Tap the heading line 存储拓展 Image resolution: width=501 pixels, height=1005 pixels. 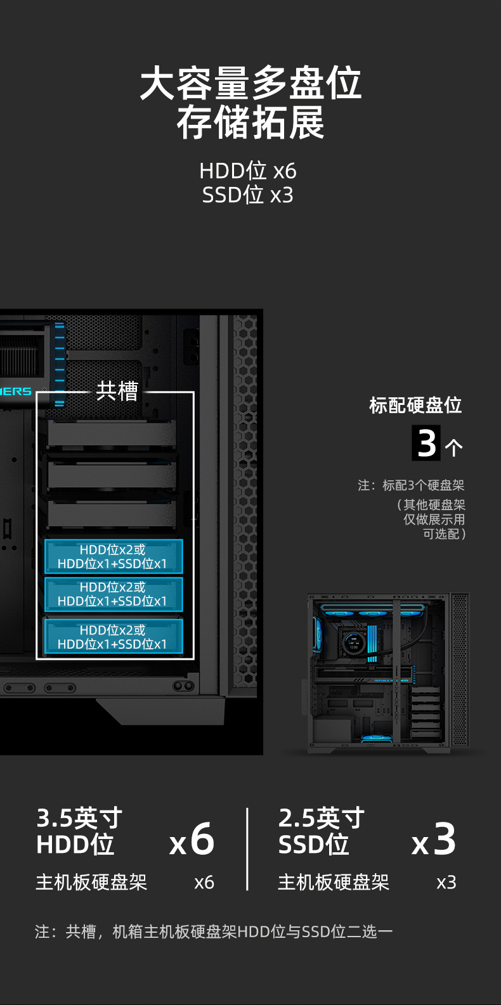pyautogui.click(x=251, y=122)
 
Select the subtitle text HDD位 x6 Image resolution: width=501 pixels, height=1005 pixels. pyautogui.click(x=248, y=171)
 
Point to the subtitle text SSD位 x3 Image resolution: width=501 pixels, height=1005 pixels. pyautogui.click(x=248, y=195)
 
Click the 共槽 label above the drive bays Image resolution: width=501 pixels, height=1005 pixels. pyautogui.click(x=117, y=391)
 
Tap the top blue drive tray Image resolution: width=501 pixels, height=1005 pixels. pyautogui.click(x=114, y=556)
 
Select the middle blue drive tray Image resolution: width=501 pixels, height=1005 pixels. pyautogui.click(x=114, y=594)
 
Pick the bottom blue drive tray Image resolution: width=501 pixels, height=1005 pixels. pyautogui.click(x=114, y=637)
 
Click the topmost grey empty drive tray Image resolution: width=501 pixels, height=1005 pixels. pyautogui.click(x=112, y=433)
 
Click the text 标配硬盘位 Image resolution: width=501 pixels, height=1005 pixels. pyautogui.click(x=415, y=405)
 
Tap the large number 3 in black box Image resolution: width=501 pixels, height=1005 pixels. pyautogui.click(x=426, y=443)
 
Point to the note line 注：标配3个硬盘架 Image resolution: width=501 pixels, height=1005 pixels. pyautogui.click(x=411, y=485)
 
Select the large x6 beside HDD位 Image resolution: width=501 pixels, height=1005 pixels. pyautogui.click(x=192, y=839)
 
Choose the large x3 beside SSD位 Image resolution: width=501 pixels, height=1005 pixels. pyautogui.click(x=434, y=839)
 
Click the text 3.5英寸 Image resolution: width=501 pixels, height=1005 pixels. pyautogui.click(x=79, y=817)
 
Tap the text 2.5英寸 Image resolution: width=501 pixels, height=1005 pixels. pyautogui.click(x=322, y=817)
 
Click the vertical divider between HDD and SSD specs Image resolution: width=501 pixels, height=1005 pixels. pyautogui.click(x=247, y=849)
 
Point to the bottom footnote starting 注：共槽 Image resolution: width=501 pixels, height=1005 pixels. pyautogui.click(x=214, y=932)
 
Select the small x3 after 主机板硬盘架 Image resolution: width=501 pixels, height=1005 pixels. pyautogui.click(x=446, y=883)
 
